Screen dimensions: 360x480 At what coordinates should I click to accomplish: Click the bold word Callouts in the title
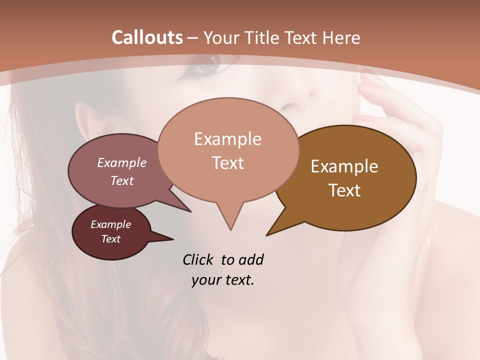click(147, 37)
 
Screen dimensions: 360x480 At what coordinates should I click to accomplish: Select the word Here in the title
click(342, 37)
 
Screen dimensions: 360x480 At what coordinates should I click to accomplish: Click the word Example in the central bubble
click(227, 139)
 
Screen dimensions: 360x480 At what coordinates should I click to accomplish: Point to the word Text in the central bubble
click(227, 163)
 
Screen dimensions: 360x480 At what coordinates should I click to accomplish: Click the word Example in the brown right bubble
click(344, 166)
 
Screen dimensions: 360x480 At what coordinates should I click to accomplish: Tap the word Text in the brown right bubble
click(344, 190)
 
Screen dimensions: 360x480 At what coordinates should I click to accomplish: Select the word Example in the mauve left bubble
click(122, 162)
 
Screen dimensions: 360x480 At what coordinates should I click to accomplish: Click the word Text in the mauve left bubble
click(122, 180)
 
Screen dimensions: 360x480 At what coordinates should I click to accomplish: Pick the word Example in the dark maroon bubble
click(111, 224)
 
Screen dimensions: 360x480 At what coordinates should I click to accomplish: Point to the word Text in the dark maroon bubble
click(111, 239)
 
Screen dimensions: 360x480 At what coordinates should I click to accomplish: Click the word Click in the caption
click(198, 259)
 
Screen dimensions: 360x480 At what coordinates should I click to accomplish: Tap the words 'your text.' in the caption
click(223, 280)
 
